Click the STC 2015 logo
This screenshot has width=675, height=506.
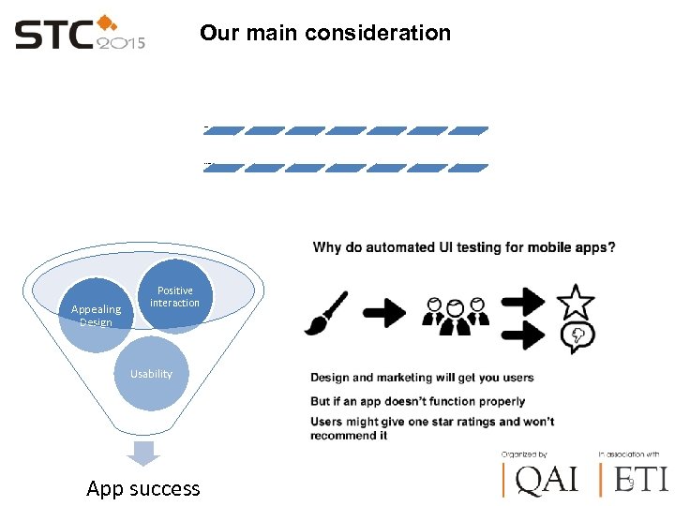80,36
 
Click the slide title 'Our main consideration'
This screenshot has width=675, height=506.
324,34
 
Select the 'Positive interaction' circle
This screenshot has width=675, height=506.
174,297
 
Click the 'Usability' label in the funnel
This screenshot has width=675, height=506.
151,374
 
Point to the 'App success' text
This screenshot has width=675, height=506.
142,488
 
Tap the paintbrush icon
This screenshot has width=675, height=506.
326,313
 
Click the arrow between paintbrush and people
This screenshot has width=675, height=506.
384,313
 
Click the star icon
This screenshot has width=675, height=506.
576,301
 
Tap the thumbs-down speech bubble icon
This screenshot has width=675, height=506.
577,336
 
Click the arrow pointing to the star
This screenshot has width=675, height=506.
523,301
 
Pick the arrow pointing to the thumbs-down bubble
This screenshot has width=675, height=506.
523,335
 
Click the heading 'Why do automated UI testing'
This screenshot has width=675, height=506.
464,248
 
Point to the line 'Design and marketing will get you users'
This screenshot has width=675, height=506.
422,378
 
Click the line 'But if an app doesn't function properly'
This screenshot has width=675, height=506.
418,402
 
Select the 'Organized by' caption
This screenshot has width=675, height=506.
524,454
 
